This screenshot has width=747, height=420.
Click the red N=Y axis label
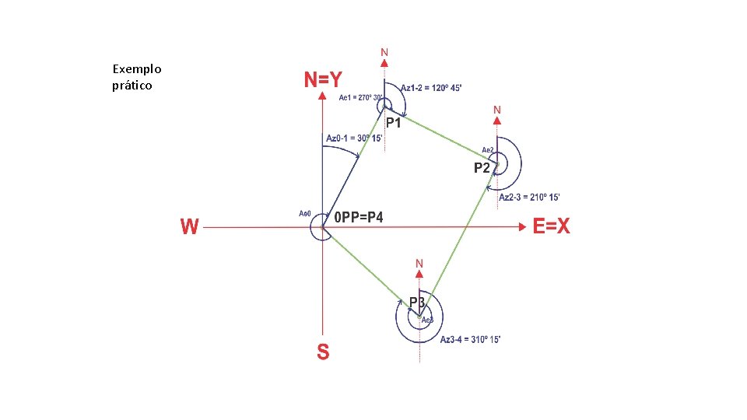(x=322, y=79)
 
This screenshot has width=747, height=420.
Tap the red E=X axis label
(x=552, y=226)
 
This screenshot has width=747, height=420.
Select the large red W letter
(x=189, y=226)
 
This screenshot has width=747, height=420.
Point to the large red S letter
(x=323, y=352)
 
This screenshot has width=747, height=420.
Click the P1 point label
(x=394, y=123)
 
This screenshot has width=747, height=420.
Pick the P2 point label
(x=482, y=167)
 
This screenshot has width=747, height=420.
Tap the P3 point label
(x=417, y=302)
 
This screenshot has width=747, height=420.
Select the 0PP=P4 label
(x=358, y=217)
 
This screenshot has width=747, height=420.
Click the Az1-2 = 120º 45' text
(x=431, y=89)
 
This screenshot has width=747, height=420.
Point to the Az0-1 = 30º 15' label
(x=353, y=138)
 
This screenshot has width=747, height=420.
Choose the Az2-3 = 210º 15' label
(x=529, y=198)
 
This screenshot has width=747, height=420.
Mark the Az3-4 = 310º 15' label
(x=470, y=340)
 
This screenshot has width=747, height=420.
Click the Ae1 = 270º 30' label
(x=361, y=98)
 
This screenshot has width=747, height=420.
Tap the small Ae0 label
(x=305, y=213)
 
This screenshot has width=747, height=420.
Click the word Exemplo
(x=137, y=69)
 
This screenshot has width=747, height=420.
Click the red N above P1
(x=384, y=53)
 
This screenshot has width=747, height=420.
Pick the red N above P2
(x=497, y=110)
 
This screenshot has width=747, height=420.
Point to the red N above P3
(x=419, y=264)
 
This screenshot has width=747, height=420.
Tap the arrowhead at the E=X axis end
(x=522, y=227)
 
